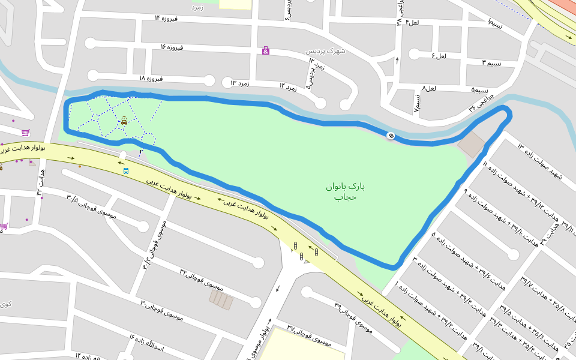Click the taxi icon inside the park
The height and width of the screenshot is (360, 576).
[x=124, y=120]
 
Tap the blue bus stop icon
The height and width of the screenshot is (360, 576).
[x=126, y=171]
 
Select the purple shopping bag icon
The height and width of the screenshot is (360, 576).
[x=266, y=51]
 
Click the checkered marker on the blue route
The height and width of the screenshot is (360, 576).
[x=391, y=136]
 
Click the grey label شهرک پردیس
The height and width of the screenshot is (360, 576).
[x=326, y=52]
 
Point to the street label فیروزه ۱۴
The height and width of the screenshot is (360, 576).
[x=167, y=17]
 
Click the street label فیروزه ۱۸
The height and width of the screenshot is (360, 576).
[x=151, y=79]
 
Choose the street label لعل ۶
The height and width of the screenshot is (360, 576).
[x=439, y=56]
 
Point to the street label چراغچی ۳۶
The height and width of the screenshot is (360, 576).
[x=481, y=101]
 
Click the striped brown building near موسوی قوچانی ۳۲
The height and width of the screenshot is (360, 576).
[x=221, y=299]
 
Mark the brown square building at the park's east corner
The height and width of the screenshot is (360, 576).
[x=471, y=145]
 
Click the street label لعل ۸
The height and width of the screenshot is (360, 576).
[x=429, y=88]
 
